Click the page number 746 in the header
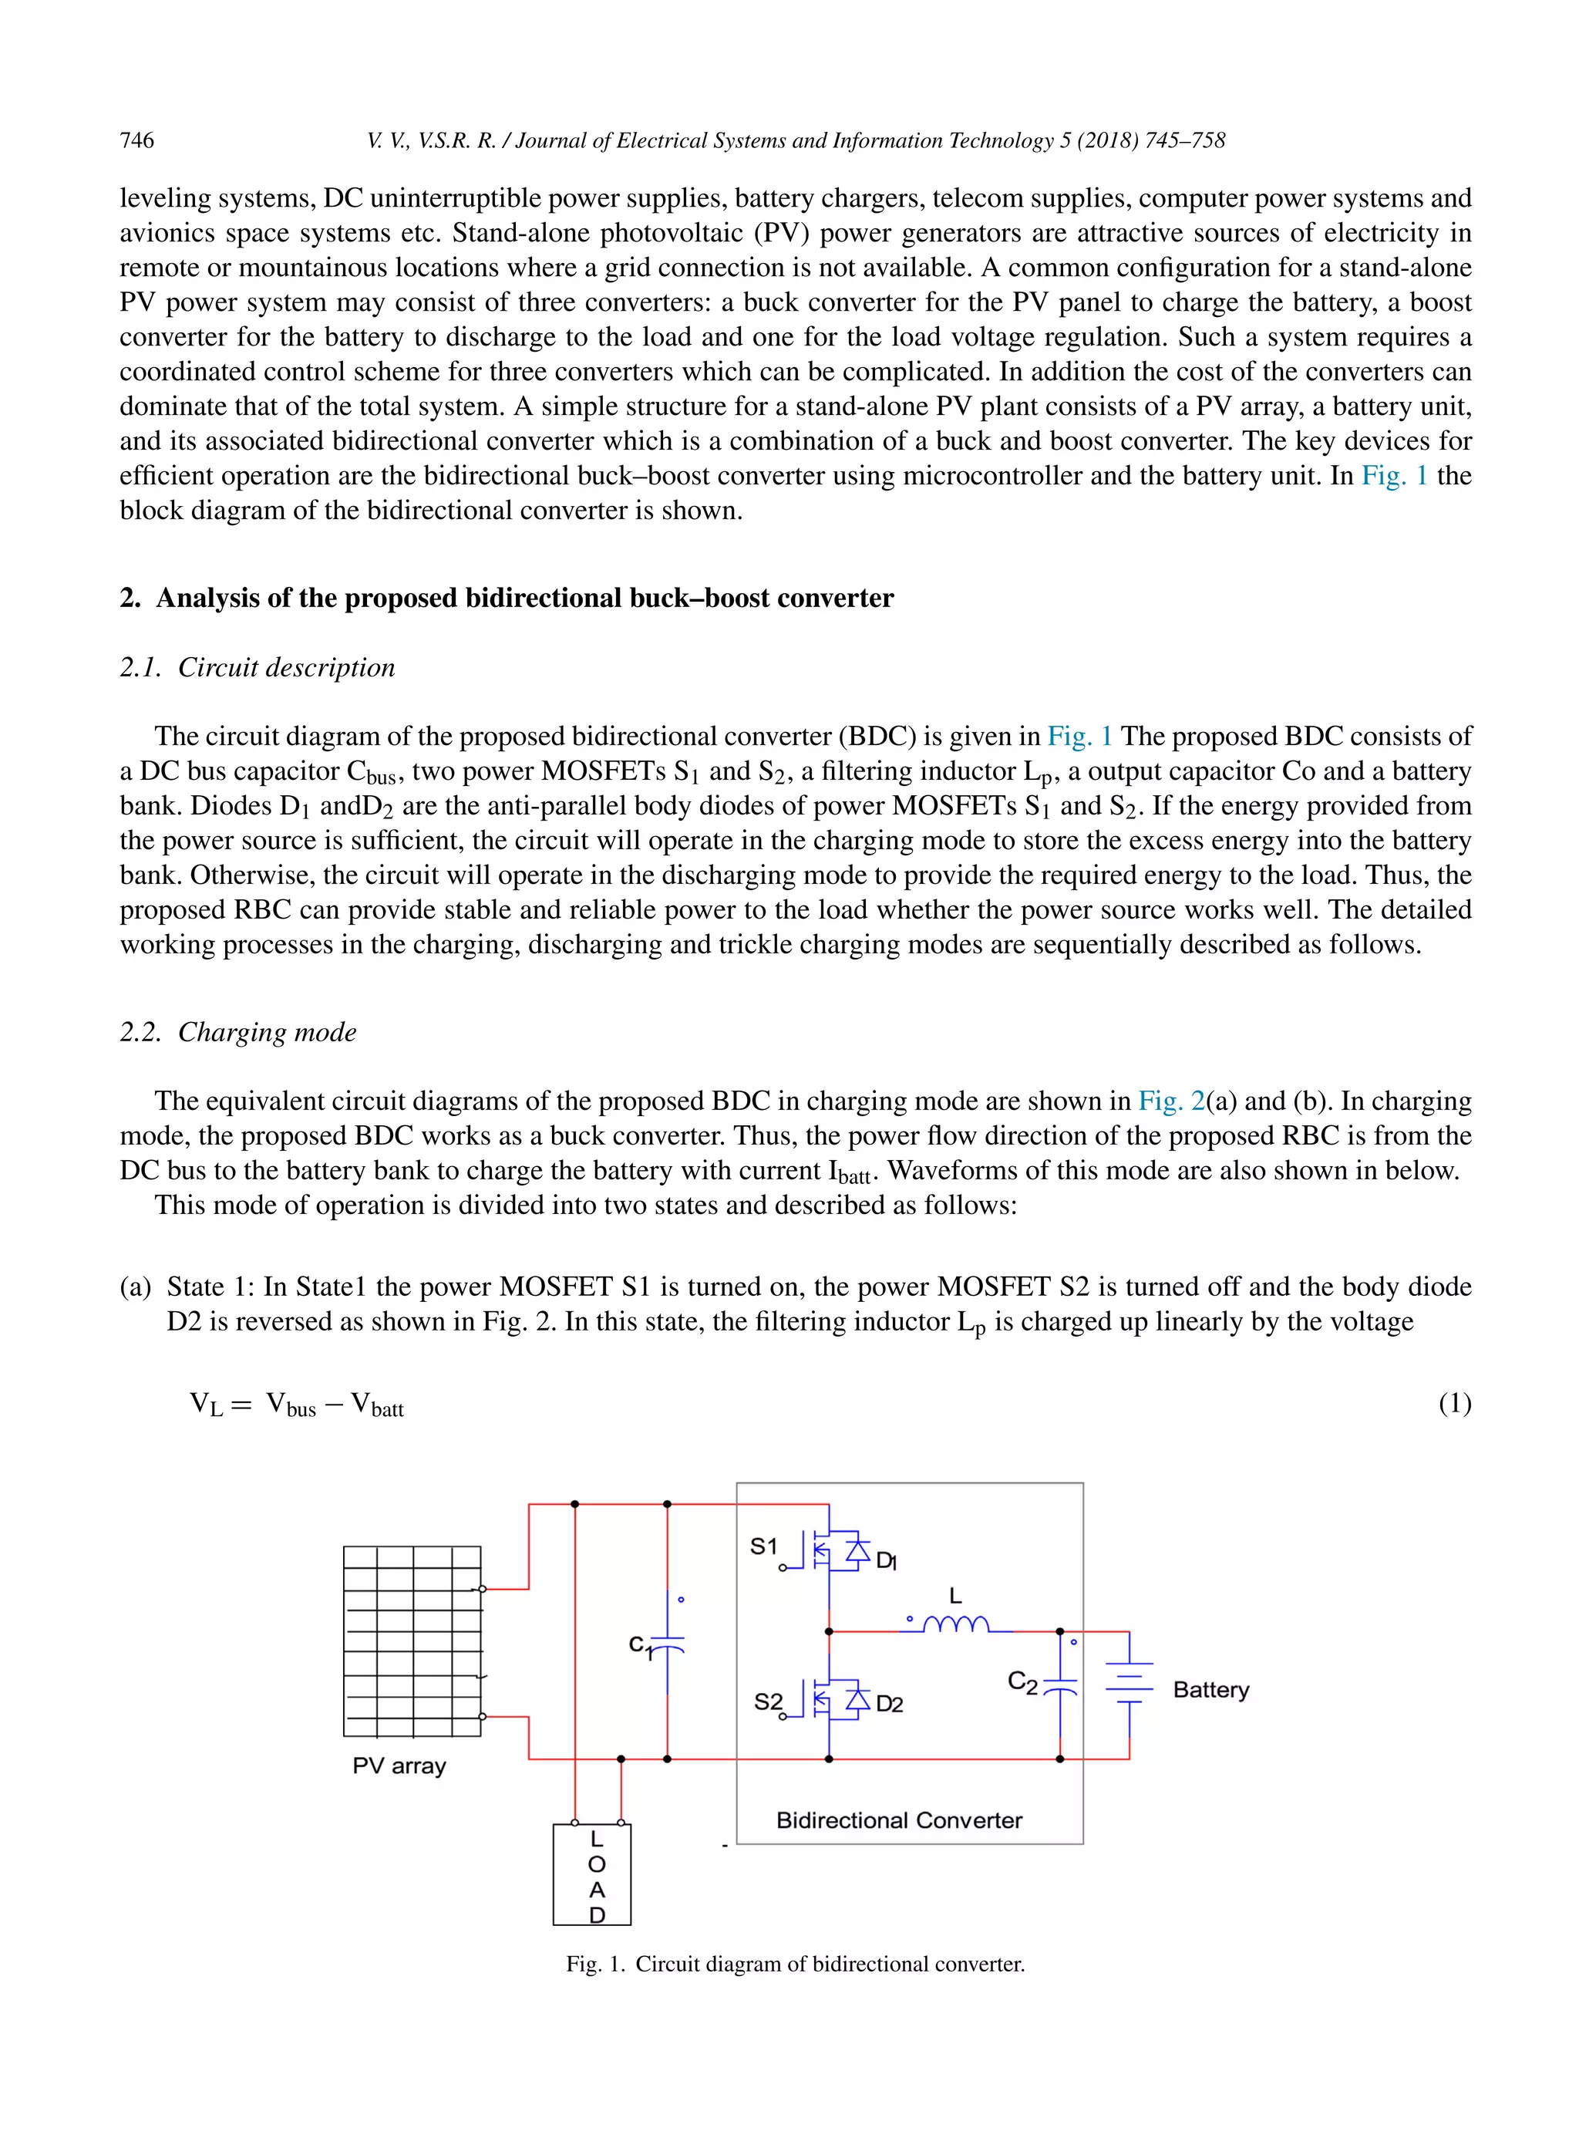[x=136, y=140]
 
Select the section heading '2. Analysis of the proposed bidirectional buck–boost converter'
[x=507, y=598]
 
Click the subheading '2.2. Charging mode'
[x=238, y=1032]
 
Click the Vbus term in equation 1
[x=291, y=1405]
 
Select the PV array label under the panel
[x=399, y=1765]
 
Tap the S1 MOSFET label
[x=764, y=1546]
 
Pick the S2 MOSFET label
[x=767, y=1701]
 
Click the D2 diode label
[x=889, y=1704]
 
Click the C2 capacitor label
[x=1022, y=1681]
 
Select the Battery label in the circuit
[x=1210, y=1689]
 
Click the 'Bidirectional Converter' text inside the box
[x=898, y=1819]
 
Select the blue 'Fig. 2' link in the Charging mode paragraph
[x=1170, y=1101]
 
